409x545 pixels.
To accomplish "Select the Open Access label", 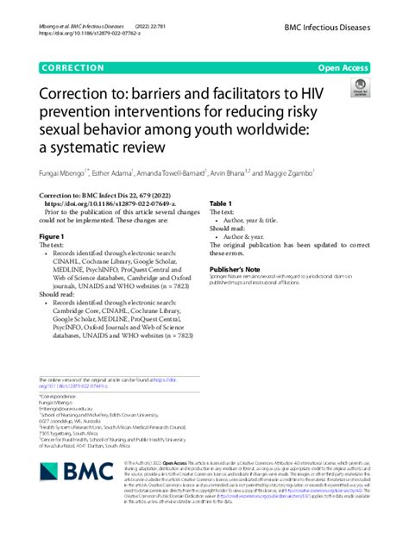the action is [343, 66].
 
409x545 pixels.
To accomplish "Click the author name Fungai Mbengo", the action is [65, 172].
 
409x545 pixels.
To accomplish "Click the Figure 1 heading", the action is [53, 236].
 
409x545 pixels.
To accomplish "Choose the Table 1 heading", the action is [221, 204].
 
